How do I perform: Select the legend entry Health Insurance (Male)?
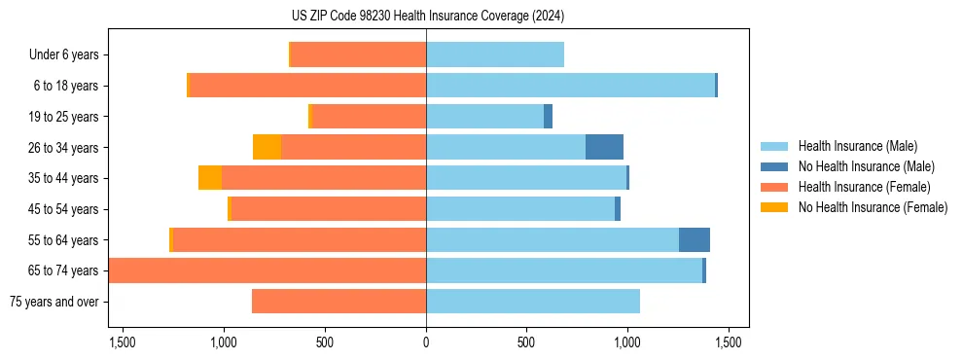(x=857, y=146)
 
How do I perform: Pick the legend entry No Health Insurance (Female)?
(x=873, y=207)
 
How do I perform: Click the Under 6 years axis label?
(x=63, y=55)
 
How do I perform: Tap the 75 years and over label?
(x=54, y=302)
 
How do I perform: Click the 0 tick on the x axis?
(x=426, y=342)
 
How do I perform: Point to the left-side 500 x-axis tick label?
(x=325, y=342)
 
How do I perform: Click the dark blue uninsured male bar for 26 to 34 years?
(x=604, y=148)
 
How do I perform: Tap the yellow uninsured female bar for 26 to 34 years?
(x=267, y=148)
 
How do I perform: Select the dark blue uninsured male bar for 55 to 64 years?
(x=695, y=240)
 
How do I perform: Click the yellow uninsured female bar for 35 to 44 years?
(x=210, y=178)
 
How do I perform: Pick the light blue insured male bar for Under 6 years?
(x=495, y=55)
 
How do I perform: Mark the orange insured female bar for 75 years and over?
(x=339, y=302)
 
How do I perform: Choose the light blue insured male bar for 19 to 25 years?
(x=484, y=117)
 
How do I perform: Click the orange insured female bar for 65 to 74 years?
(x=267, y=270)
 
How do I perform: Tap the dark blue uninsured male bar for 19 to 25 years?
(x=549, y=117)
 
